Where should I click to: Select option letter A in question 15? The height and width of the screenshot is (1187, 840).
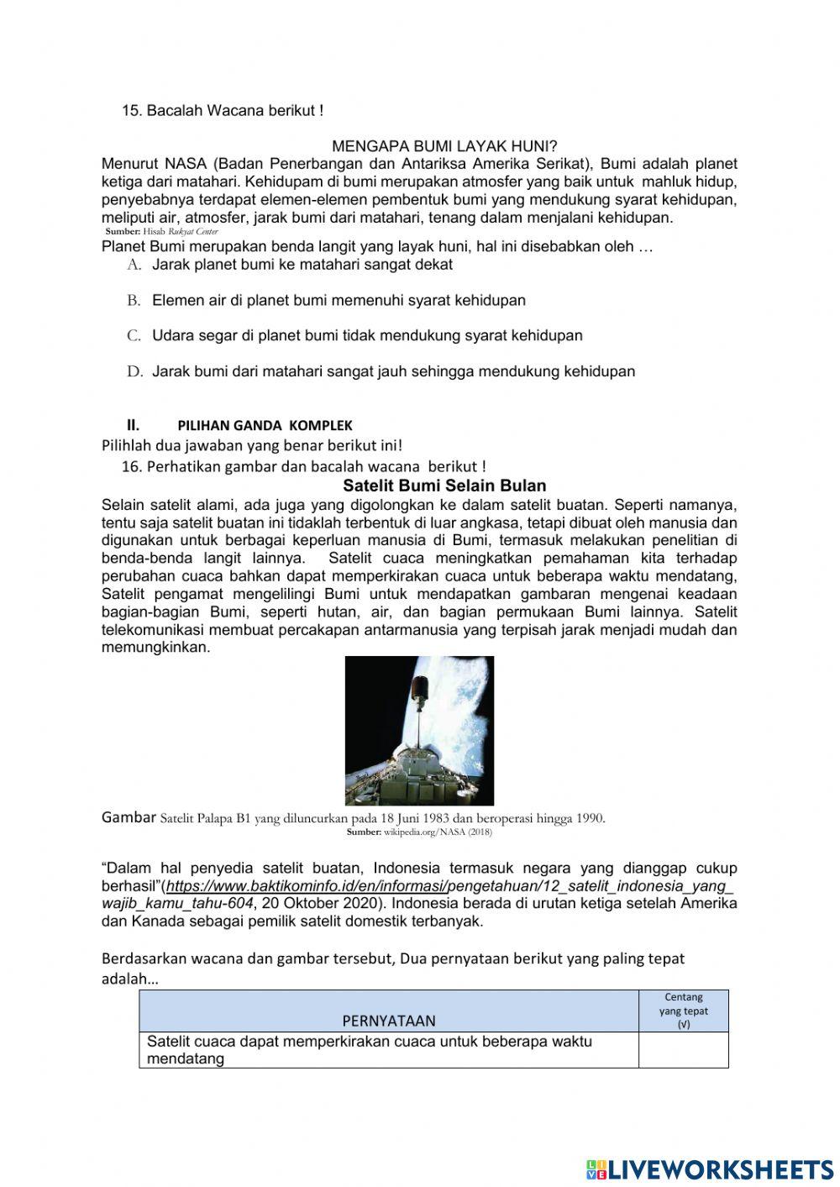pyautogui.click(x=134, y=265)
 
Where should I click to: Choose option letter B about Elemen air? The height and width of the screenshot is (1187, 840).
pyautogui.click(x=134, y=300)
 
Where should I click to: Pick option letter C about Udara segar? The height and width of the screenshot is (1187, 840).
pyautogui.click(x=134, y=335)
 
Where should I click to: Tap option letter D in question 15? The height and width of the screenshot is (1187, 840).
pyautogui.click(x=134, y=371)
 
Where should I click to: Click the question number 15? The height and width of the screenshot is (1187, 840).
pyautogui.click(x=132, y=110)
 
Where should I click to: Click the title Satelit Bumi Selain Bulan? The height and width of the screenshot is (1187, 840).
pyautogui.click(x=444, y=486)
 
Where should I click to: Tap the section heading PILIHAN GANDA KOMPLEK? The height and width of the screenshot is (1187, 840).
pyautogui.click(x=265, y=425)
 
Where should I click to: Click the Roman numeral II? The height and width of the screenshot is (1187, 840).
pyautogui.click(x=132, y=424)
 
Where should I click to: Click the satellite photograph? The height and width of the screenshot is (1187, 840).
pyautogui.click(x=419, y=730)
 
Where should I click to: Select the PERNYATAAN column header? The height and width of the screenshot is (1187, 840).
pyautogui.click(x=389, y=1021)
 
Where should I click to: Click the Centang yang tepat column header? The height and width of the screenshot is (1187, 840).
pyautogui.click(x=683, y=1011)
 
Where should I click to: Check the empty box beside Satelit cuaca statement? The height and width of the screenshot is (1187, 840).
pyautogui.click(x=683, y=1050)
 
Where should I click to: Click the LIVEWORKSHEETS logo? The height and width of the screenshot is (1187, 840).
pyautogui.click(x=710, y=1169)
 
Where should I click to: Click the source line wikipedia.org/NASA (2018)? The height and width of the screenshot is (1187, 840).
pyautogui.click(x=419, y=832)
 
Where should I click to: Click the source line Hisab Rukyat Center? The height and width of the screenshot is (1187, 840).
pyautogui.click(x=162, y=231)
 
